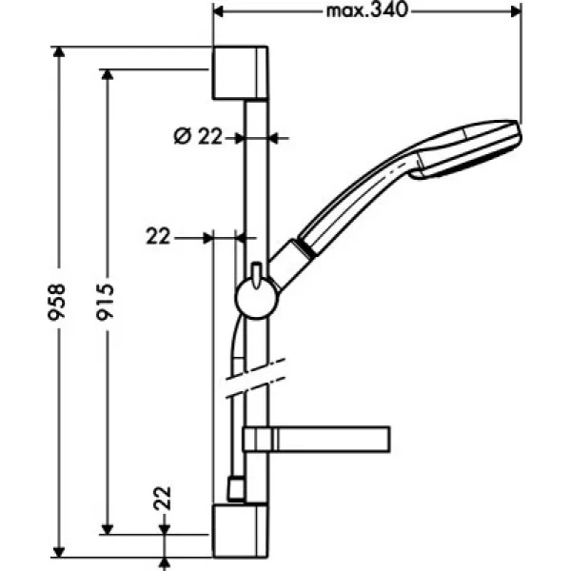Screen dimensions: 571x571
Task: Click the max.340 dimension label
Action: (x=366, y=10)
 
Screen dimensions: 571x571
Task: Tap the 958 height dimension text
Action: (x=57, y=302)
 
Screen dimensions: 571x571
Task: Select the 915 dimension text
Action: (x=106, y=302)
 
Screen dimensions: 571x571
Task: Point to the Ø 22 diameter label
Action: (x=198, y=137)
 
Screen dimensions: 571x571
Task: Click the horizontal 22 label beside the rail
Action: (x=158, y=237)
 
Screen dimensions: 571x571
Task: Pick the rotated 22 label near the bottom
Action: (x=163, y=498)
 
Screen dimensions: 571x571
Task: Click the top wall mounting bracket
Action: (x=240, y=73)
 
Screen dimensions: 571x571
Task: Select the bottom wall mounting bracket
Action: (x=240, y=531)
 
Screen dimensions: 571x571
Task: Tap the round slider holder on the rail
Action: (x=257, y=298)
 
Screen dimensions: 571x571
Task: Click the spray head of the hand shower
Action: (x=467, y=149)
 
